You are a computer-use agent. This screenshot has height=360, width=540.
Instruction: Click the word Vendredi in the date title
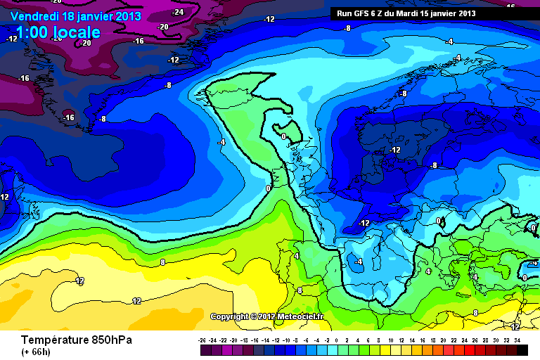point(34,15)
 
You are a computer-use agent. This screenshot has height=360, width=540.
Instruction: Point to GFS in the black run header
point(360,13)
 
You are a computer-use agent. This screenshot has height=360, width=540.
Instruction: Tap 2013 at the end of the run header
point(465,13)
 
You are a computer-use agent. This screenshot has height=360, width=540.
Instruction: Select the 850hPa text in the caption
point(110,340)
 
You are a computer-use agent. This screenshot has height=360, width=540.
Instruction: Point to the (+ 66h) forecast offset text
point(35,352)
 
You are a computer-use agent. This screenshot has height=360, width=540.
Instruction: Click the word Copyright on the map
point(230,316)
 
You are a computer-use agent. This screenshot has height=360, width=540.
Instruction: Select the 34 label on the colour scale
point(517,340)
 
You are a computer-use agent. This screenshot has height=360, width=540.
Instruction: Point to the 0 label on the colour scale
point(336,340)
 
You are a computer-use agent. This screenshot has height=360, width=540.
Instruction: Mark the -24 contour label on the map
point(178,12)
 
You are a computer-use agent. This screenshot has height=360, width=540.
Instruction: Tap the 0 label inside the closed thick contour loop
point(283,136)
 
